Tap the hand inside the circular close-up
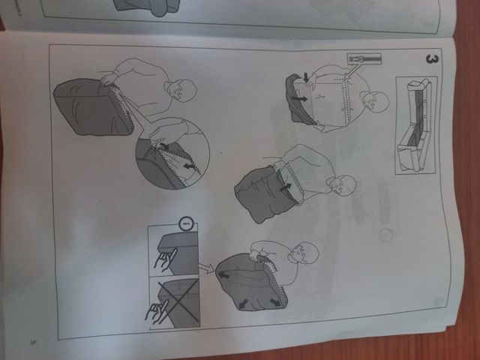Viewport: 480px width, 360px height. [159, 140]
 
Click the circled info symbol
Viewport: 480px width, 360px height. [187, 223]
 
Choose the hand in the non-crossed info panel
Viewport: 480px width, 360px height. [160, 259]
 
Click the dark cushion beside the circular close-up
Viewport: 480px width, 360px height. [88, 109]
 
